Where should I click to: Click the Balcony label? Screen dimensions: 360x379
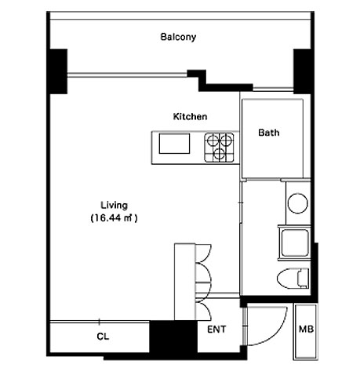tap(178, 37)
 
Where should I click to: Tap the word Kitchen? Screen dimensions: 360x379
tap(190, 116)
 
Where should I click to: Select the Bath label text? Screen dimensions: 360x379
tap(269, 133)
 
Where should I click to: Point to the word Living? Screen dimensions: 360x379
tap(115, 206)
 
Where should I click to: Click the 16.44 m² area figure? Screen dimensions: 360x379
tap(114, 218)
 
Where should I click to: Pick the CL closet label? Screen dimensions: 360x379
tap(103, 337)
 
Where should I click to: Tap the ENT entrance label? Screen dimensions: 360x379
tap(216, 330)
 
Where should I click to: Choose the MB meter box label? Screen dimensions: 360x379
tap(306, 329)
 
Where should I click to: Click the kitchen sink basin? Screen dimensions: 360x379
tap(174, 144)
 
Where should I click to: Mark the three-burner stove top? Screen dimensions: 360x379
tap(219, 148)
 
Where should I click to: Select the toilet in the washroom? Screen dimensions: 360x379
tap(293, 279)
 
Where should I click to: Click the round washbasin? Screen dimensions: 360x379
tap(297, 203)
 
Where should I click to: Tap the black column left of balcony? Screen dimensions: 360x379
tap(58, 71)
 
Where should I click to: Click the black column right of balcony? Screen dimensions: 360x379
tap(302, 71)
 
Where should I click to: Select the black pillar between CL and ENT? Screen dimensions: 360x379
tap(173, 337)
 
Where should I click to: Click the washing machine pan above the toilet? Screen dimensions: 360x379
tap(294, 243)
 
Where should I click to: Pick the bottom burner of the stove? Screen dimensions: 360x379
tap(220, 154)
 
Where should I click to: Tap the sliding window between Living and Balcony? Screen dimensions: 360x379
tap(127, 75)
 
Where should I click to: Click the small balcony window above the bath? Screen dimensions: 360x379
tap(273, 89)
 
